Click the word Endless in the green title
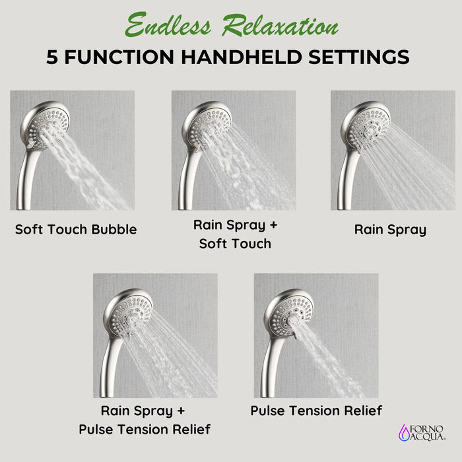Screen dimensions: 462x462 point(169,26)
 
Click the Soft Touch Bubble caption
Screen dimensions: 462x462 point(76,230)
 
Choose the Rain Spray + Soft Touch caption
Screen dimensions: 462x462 point(235,234)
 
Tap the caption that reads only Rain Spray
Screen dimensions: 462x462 point(390,230)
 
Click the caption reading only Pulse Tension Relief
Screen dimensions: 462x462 point(316,411)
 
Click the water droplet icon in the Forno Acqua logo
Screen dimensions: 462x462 point(403,432)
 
